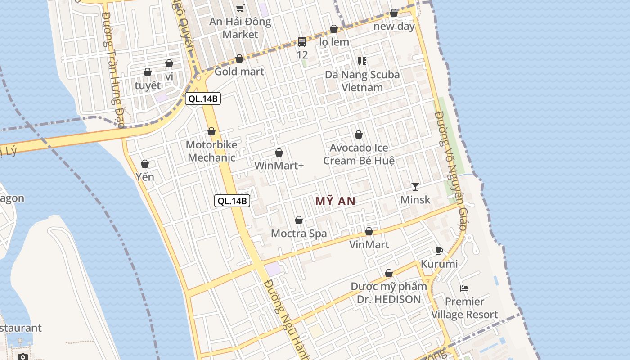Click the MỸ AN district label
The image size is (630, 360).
[x=335, y=201]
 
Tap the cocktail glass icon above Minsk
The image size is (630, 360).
[x=415, y=186]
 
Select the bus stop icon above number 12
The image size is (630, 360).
[x=302, y=42]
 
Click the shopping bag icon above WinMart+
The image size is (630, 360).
[x=279, y=153]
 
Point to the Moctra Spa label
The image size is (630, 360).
[x=299, y=234]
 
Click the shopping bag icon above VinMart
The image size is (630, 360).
[x=369, y=232]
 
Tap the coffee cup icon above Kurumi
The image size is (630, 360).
[x=439, y=251]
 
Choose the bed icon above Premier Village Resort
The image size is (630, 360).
[x=464, y=288]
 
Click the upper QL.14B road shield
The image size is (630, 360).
[x=203, y=99]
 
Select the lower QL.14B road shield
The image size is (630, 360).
[x=232, y=201]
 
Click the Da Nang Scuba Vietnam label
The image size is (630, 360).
[x=362, y=81]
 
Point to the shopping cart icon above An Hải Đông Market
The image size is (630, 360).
[x=240, y=8]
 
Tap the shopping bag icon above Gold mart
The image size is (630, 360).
[x=239, y=59]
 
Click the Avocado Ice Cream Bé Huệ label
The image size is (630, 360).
[x=359, y=154]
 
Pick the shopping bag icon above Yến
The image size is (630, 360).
[x=145, y=164]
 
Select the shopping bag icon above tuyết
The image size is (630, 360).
[x=147, y=72]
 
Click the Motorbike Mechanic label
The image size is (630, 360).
[x=211, y=151]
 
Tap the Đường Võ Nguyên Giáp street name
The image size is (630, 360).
[x=450, y=171]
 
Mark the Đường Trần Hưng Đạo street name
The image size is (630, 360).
[x=113, y=70]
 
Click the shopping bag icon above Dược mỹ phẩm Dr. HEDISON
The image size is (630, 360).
[x=389, y=273]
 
